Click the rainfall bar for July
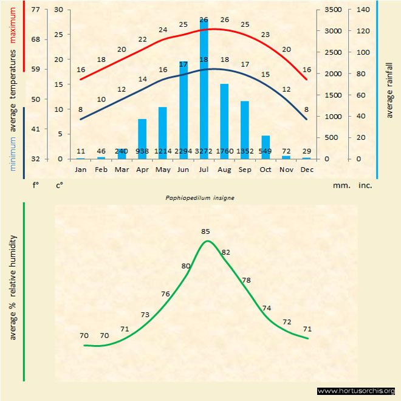point(204,91)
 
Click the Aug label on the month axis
point(224,170)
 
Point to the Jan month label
point(80,170)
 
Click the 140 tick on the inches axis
point(363,10)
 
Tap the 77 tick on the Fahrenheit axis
point(35,10)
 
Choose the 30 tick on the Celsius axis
point(58,10)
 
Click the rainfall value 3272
point(204,151)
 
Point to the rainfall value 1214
point(162,151)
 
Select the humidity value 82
point(226,252)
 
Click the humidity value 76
point(165,294)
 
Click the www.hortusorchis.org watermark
point(357,391)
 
